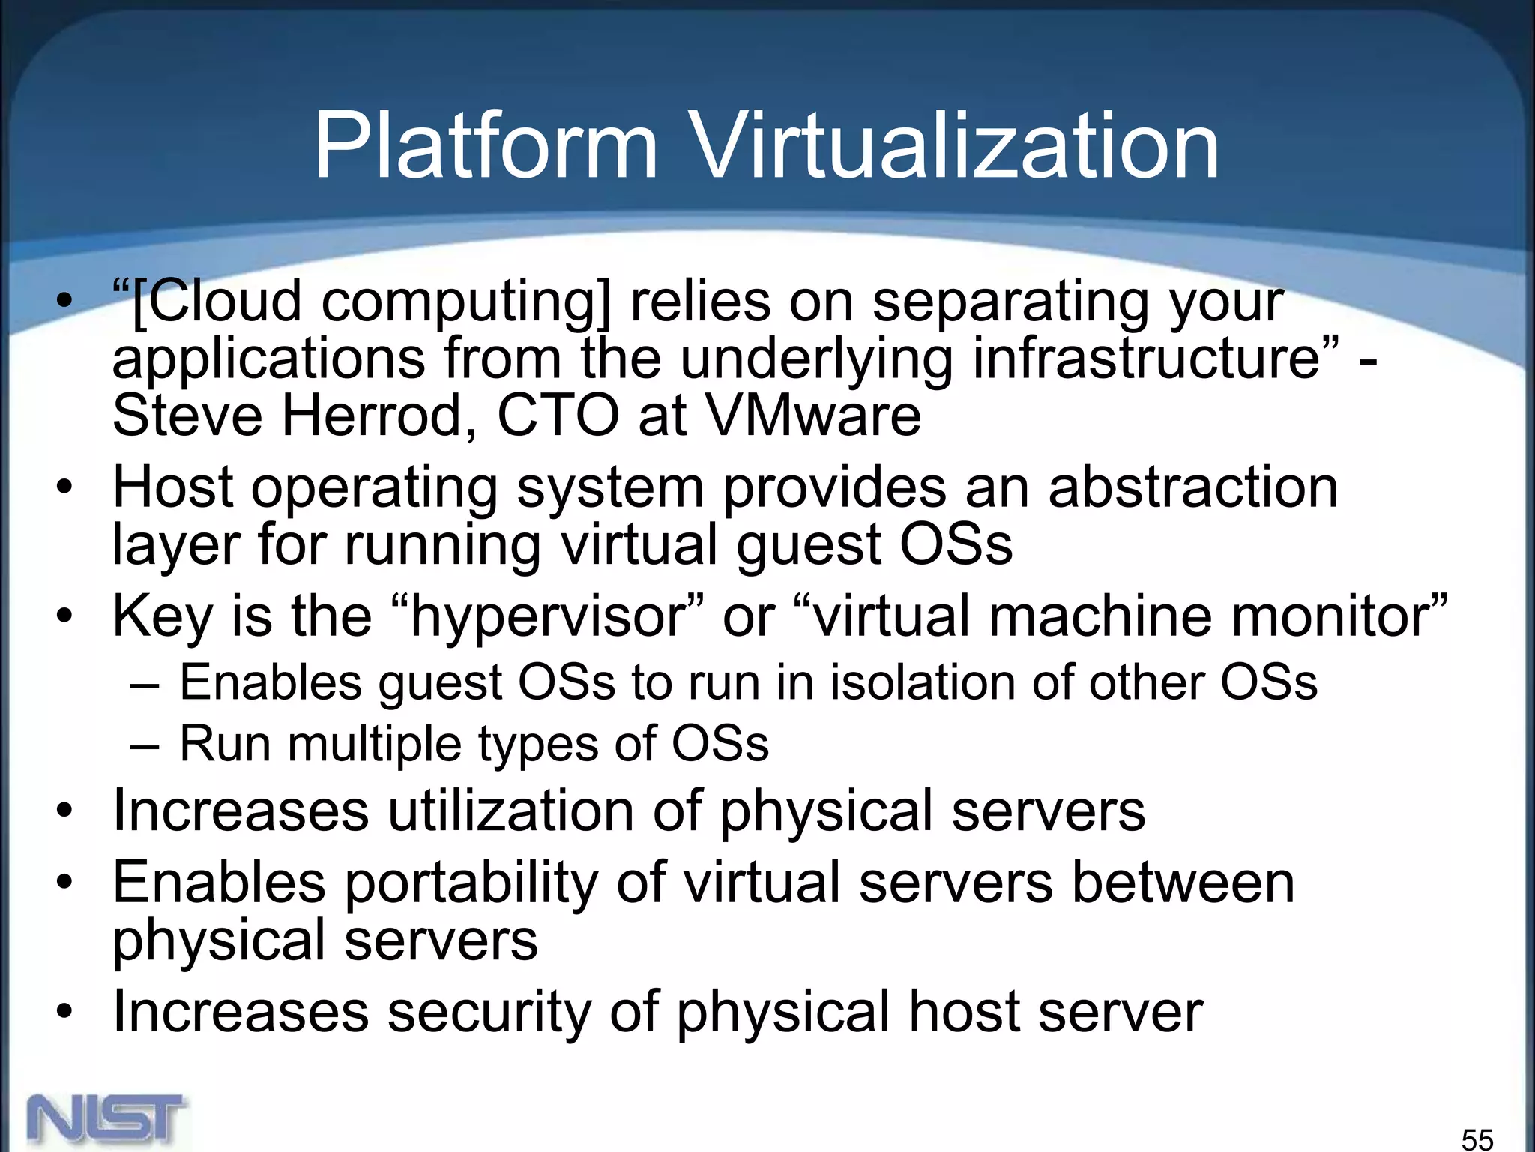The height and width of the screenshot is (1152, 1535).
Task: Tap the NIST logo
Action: pyautogui.click(x=107, y=1120)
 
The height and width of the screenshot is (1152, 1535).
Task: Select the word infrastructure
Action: pyautogui.click(x=1146, y=358)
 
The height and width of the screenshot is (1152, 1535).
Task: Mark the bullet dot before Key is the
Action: pyautogui.click(x=65, y=616)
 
